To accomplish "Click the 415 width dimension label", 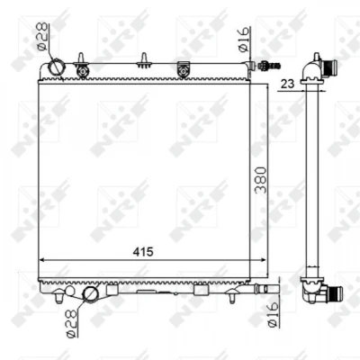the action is point(143,252).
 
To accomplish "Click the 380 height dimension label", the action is point(260,180).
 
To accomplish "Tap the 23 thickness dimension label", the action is point(287,84).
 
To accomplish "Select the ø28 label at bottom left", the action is point(71,323).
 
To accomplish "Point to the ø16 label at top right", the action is point(244,40).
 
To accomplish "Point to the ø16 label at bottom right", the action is point(273,315).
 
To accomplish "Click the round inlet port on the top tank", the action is point(55,67).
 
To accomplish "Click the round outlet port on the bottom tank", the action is point(90,294).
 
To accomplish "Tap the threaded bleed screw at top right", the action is point(270,65).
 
